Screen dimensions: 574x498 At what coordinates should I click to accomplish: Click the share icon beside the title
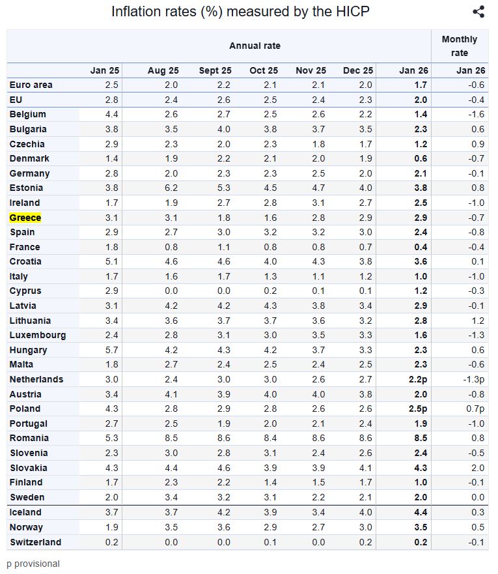[478, 12]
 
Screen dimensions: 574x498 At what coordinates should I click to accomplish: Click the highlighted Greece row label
[25, 218]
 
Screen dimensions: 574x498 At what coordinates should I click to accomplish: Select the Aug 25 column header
[163, 70]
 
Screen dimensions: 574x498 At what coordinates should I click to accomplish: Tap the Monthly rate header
[459, 46]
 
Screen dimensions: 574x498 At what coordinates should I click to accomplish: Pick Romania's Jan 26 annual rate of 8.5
[421, 438]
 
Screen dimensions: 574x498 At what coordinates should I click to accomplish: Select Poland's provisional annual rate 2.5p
[418, 409]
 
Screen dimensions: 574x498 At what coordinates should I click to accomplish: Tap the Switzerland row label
[35, 542]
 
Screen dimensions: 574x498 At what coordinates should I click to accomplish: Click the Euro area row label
[31, 85]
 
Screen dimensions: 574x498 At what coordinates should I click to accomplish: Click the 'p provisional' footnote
[33, 564]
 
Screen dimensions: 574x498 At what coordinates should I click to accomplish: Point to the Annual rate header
[255, 46]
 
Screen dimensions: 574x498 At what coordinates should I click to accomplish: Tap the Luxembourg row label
[37, 335]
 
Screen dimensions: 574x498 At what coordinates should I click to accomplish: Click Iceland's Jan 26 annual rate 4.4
[421, 512]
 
